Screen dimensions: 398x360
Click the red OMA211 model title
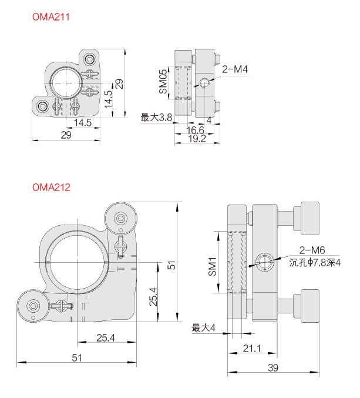pos(51,17)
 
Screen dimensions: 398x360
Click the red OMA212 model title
pos(51,188)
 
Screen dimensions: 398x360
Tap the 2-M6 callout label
pos(312,249)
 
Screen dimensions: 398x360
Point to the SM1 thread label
pos(214,267)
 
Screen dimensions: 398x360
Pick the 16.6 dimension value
pos(195,129)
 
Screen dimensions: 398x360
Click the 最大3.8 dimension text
pos(156,118)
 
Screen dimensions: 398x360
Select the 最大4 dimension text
pos(204,327)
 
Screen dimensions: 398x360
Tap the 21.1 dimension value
pos(251,349)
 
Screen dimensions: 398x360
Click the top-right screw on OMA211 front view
pos(90,59)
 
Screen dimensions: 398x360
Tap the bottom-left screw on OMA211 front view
pos(43,106)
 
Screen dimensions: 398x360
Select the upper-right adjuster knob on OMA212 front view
pos(120,219)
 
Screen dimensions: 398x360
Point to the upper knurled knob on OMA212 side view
pos(309,218)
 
